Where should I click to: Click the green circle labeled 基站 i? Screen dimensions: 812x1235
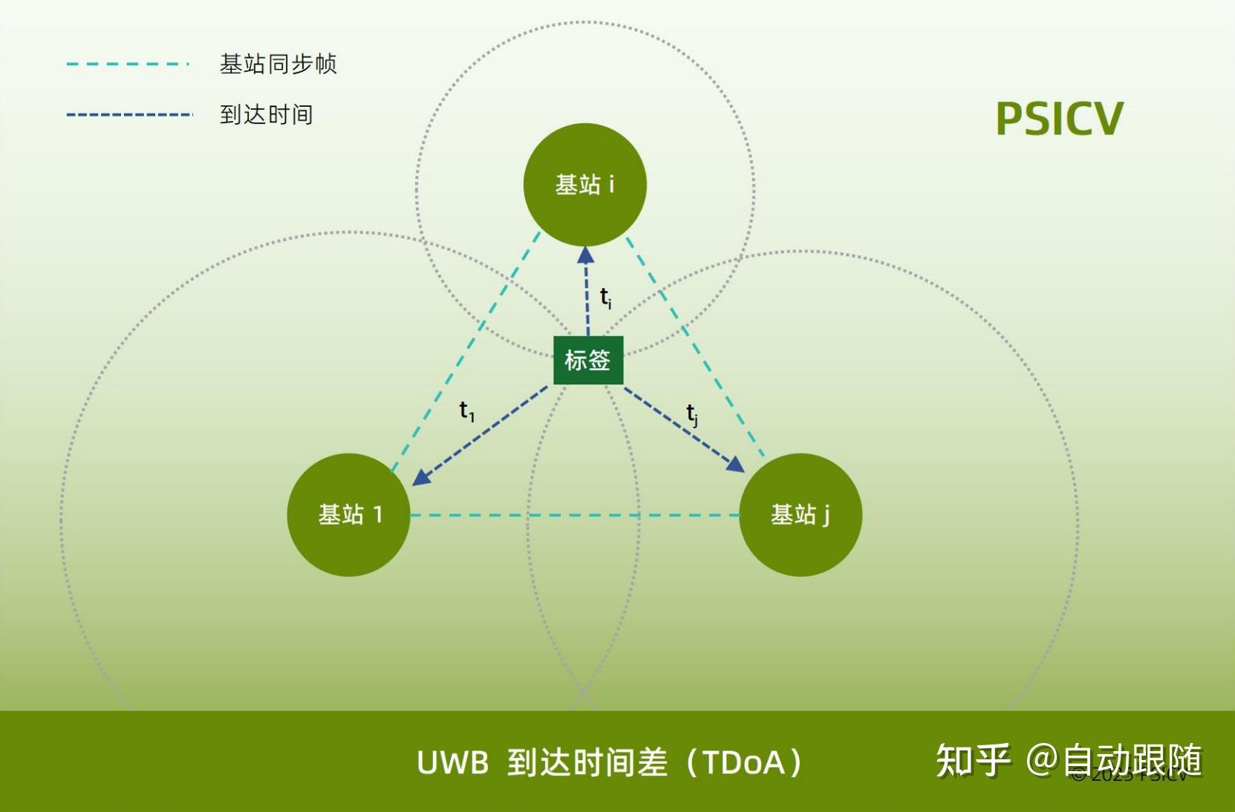(x=584, y=184)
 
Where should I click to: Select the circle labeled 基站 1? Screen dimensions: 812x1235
(x=348, y=514)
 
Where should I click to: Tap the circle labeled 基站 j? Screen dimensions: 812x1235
(x=801, y=514)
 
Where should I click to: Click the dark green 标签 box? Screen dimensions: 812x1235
(x=587, y=360)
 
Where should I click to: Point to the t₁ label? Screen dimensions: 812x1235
(x=466, y=410)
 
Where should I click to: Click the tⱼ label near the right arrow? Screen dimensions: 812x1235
(x=692, y=414)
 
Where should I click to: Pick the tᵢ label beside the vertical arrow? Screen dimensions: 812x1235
(x=606, y=298)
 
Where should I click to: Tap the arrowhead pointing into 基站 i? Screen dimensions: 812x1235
(x=586, y=255)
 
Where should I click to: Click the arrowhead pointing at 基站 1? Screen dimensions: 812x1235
(x=421, y=477)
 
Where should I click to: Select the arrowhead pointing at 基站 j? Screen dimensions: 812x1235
(x=734, y=465)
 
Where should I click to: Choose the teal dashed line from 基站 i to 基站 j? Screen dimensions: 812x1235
(x=694, y=346)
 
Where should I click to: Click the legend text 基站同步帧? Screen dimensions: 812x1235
(x=278, y=64)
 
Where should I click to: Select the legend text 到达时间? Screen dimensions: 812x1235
(x=266, y=115)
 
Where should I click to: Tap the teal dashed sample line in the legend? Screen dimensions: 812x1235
(x=128, y=64)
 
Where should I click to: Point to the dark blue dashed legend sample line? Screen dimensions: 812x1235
(x=130, y=115)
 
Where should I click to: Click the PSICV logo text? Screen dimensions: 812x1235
(x=1059, y=119)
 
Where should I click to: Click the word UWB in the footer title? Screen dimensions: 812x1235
(x=452, y=763)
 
